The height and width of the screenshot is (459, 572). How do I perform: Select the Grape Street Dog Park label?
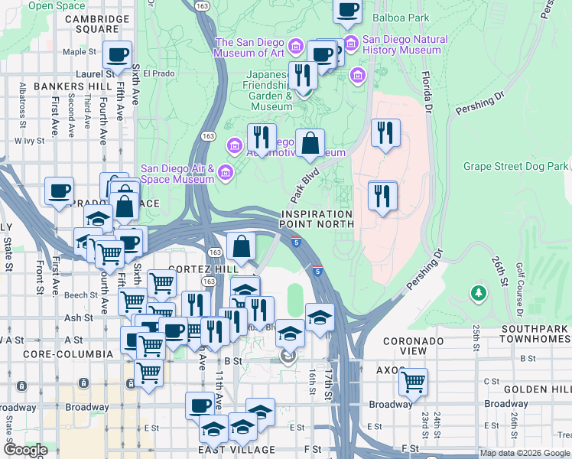click(x=515, y=166)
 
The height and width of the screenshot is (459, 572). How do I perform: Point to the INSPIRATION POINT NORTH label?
click(x=317, y=219)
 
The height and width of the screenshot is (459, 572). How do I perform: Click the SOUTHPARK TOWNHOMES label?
click(x=534, y=334)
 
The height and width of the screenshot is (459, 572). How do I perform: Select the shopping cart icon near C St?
click(x=413, y=382)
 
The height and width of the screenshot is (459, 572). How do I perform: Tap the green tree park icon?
click(x=479, y=293)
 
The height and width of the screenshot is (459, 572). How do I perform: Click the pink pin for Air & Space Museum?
click(x=225, y=173)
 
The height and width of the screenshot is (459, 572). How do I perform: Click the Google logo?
click(x=24, y=450)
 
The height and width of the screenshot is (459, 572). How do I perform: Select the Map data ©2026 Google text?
click(x=524, y=453)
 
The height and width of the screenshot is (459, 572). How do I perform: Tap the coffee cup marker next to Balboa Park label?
click(x=348, y=10)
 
